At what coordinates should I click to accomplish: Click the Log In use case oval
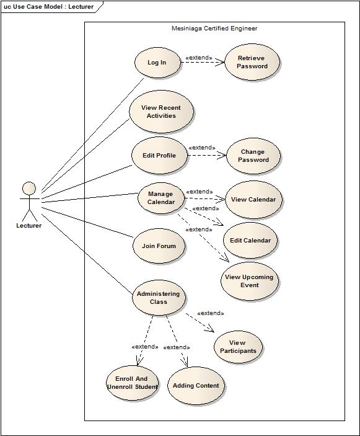(x=157, y=63)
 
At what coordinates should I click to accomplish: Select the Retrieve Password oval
(x=252, y=62)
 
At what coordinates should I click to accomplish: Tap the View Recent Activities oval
(x=161, y=112)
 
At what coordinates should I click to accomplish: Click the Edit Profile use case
(x=159, y=156)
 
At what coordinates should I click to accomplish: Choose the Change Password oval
(x=253, y=156)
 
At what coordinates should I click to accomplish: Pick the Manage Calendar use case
(x=160, y=198)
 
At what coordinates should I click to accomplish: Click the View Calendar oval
(x=253, y=200)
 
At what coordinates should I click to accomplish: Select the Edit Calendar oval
(x=250, y=241)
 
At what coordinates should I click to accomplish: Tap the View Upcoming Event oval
(x=249, y=281)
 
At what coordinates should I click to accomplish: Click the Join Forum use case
(x=159, y=246)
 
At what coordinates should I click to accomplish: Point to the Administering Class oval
(x=158, y=298)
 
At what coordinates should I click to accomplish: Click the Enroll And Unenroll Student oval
(x=132, y=383)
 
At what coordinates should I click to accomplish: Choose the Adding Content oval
(x=196, y=386)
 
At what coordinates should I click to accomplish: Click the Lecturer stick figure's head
(x=29, y=188)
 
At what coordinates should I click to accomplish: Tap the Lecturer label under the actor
(x=29, y=226)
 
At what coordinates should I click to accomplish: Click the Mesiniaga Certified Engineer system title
(x=214, y=29)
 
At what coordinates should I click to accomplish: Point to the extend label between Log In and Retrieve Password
(x=199, y=58)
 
